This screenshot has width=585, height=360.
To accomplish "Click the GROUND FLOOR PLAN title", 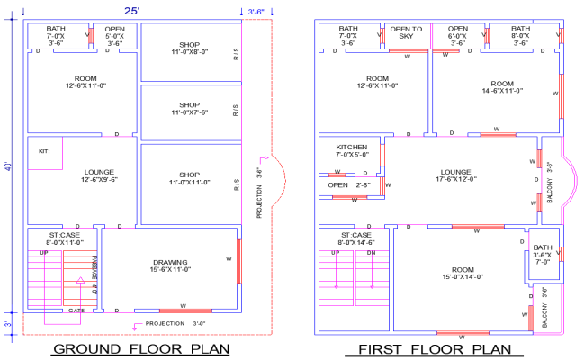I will pos(139,348).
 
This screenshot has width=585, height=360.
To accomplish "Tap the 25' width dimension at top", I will pos(131,10).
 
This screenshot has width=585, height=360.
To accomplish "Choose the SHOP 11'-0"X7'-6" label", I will pos(188,109).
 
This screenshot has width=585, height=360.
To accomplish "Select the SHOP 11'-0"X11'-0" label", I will pos(188,178).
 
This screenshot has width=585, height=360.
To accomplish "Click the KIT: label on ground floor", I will pos(44,151).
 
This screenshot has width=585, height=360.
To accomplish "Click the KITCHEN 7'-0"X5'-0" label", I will pos(351,150).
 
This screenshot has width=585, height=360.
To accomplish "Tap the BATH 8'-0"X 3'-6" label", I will pos(521,35).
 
